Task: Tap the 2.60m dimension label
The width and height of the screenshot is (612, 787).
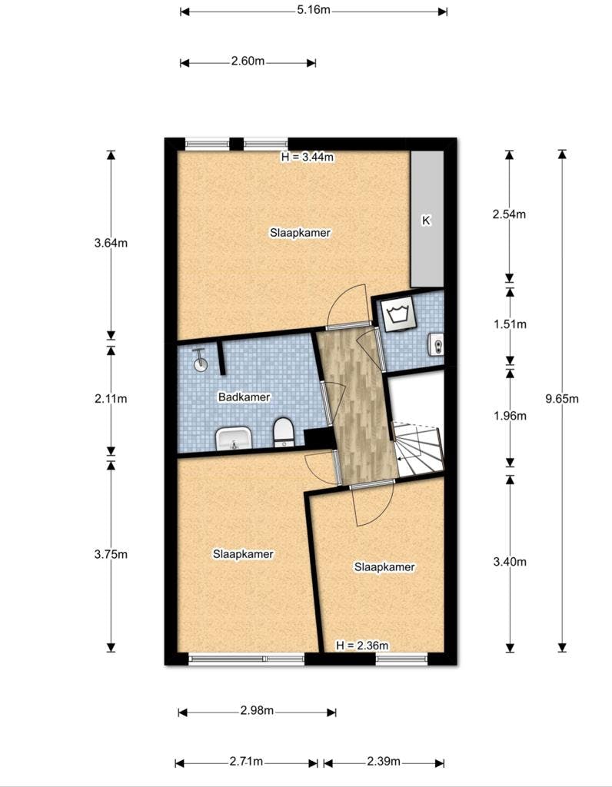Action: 248,61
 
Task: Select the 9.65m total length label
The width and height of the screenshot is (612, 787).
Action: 562,399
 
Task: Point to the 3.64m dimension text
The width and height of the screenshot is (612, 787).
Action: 111,244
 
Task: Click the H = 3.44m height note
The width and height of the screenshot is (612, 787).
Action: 308,157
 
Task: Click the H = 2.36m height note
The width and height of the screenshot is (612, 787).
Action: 362,646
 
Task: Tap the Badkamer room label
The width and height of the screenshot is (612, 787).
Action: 244,397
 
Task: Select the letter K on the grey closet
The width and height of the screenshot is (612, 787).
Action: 426,221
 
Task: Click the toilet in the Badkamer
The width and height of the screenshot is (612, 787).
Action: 284,432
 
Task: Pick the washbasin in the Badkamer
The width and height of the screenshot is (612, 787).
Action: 234,438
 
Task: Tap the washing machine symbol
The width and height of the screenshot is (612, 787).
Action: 397,314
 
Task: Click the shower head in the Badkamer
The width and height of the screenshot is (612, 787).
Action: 200,360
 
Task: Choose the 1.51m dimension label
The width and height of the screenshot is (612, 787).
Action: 510,325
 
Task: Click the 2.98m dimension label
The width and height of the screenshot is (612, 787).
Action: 257,711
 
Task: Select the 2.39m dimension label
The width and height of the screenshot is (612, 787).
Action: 384,762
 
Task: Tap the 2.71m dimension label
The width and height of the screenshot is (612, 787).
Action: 247,762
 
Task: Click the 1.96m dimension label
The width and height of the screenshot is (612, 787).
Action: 510,416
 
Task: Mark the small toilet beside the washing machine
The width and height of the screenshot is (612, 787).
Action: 436,345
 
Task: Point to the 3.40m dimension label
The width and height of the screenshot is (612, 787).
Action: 510,562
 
